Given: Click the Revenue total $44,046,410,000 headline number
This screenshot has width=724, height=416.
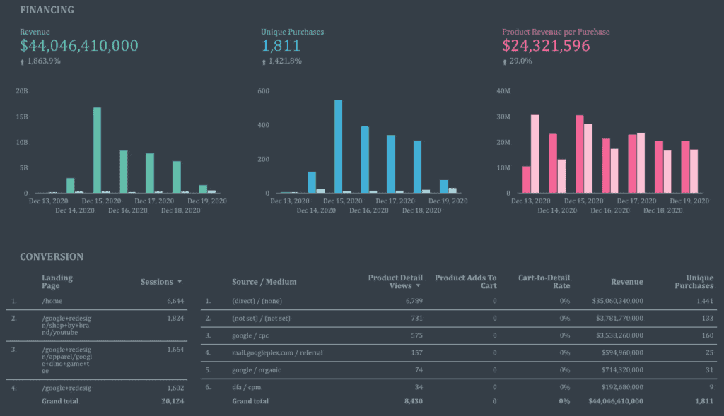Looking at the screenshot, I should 78,47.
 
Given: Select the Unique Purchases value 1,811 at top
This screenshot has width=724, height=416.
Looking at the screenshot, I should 281,47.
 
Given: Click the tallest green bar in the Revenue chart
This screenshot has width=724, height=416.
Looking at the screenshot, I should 97,150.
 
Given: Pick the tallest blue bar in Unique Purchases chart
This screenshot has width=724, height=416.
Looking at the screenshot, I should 338,146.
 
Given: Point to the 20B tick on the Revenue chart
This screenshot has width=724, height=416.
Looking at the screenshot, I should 21,91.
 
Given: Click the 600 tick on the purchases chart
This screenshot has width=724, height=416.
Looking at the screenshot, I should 263,91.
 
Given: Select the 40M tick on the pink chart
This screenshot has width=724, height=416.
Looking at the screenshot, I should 503,91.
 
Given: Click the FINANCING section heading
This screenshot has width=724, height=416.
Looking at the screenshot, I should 46,11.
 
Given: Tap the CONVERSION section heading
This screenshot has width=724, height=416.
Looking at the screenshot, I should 52,257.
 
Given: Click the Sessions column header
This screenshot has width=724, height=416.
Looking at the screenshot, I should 157,282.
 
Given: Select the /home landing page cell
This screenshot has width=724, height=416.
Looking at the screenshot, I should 52,301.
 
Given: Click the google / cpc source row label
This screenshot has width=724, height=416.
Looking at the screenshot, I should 251,335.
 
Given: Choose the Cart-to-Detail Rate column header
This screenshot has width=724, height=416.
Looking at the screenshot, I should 543,282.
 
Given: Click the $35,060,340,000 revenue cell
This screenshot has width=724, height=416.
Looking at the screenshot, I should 617,301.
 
